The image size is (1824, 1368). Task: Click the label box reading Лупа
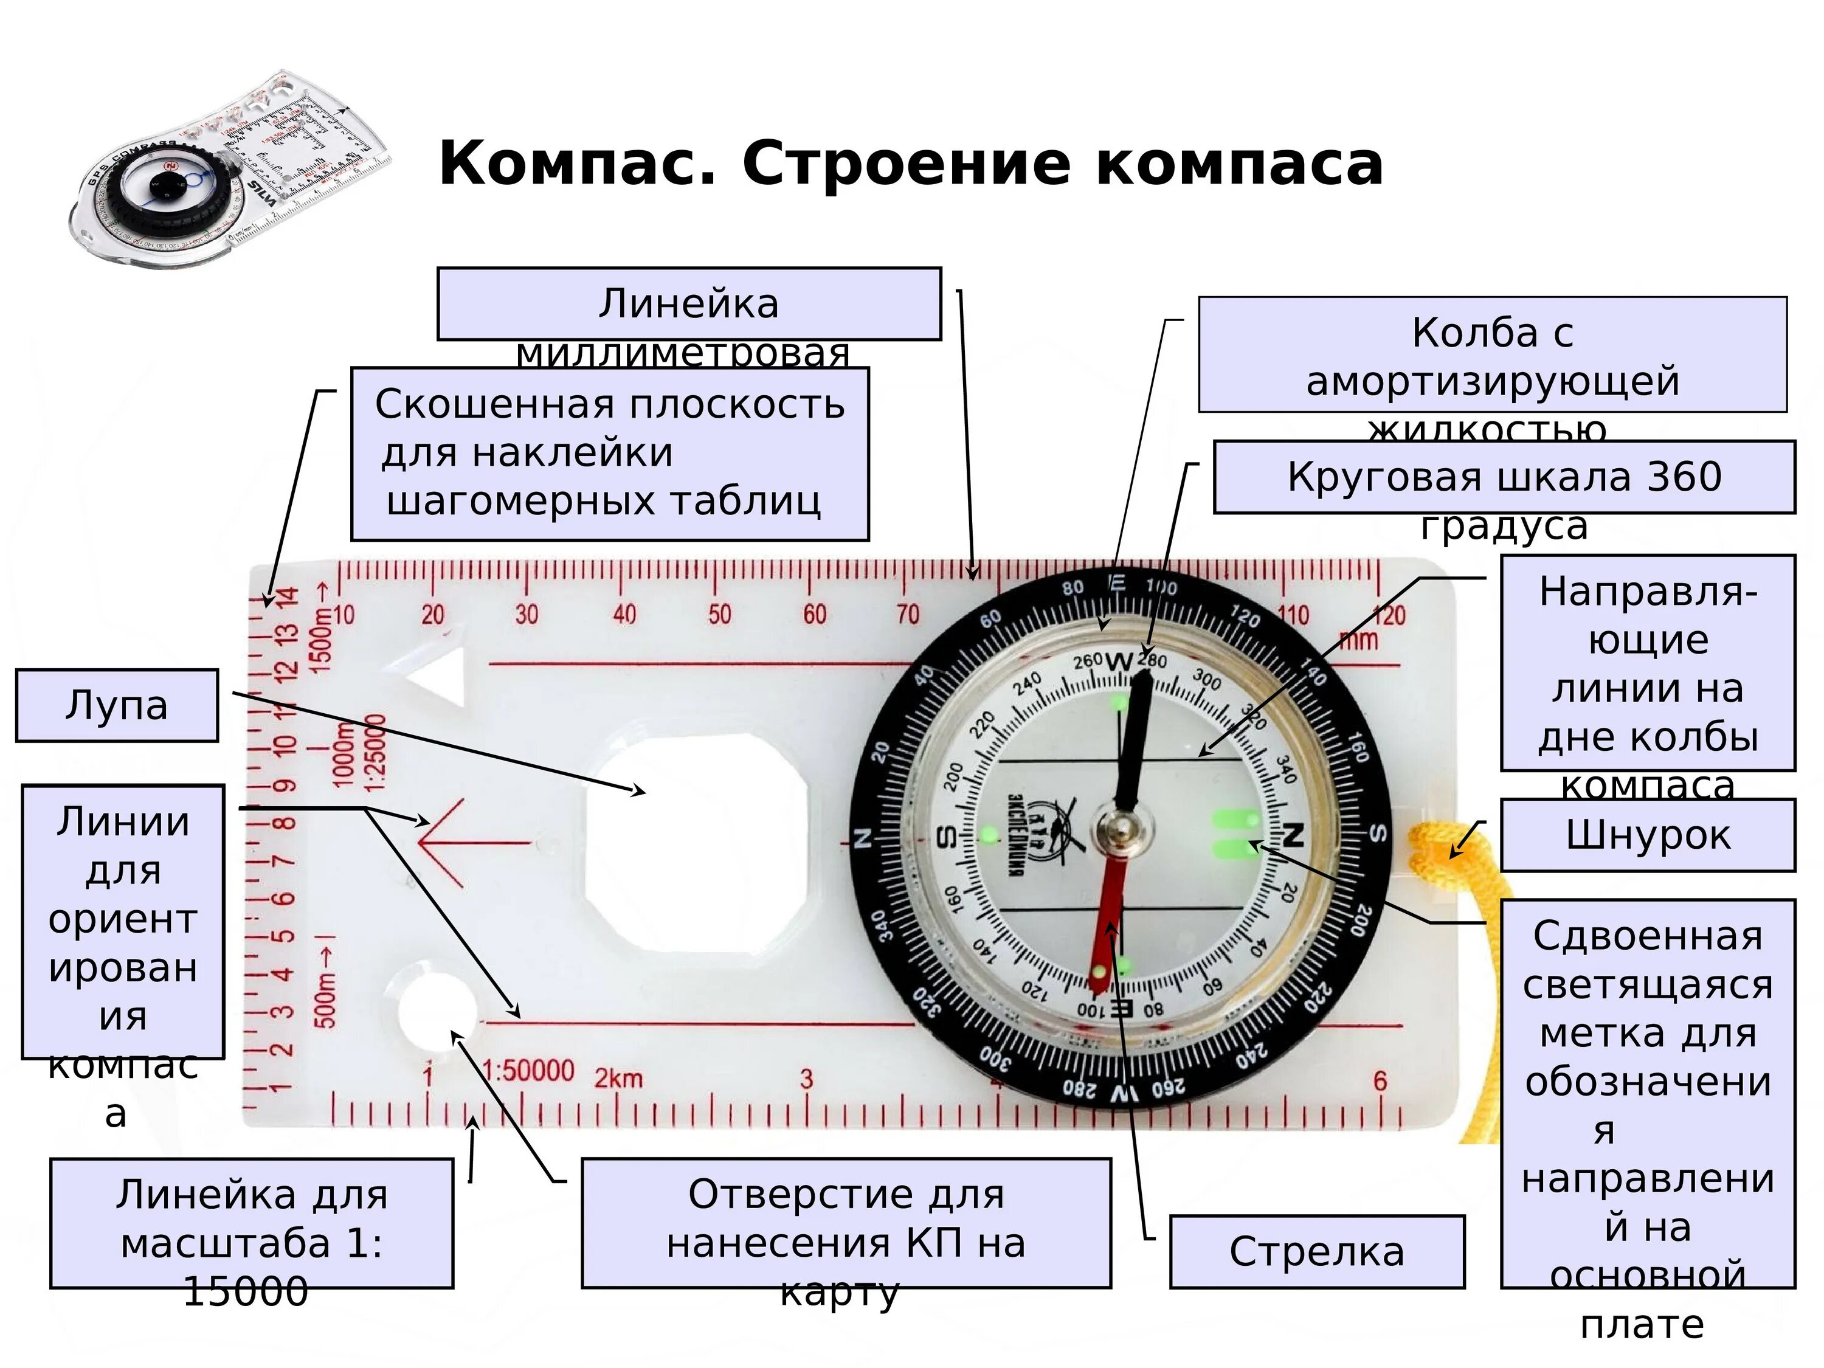pos(116,705)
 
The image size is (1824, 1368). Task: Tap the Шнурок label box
pos(1646,835)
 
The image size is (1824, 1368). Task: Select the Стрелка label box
pos(1316,1251)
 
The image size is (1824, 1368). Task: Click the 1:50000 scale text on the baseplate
pos(528,1070)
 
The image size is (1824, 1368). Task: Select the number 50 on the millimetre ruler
pos(719,614)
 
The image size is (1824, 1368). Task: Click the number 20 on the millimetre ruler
pos(433,614)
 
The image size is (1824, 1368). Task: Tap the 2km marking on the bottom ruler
pos(618,1078)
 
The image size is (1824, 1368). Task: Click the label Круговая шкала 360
pos(1503,477)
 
